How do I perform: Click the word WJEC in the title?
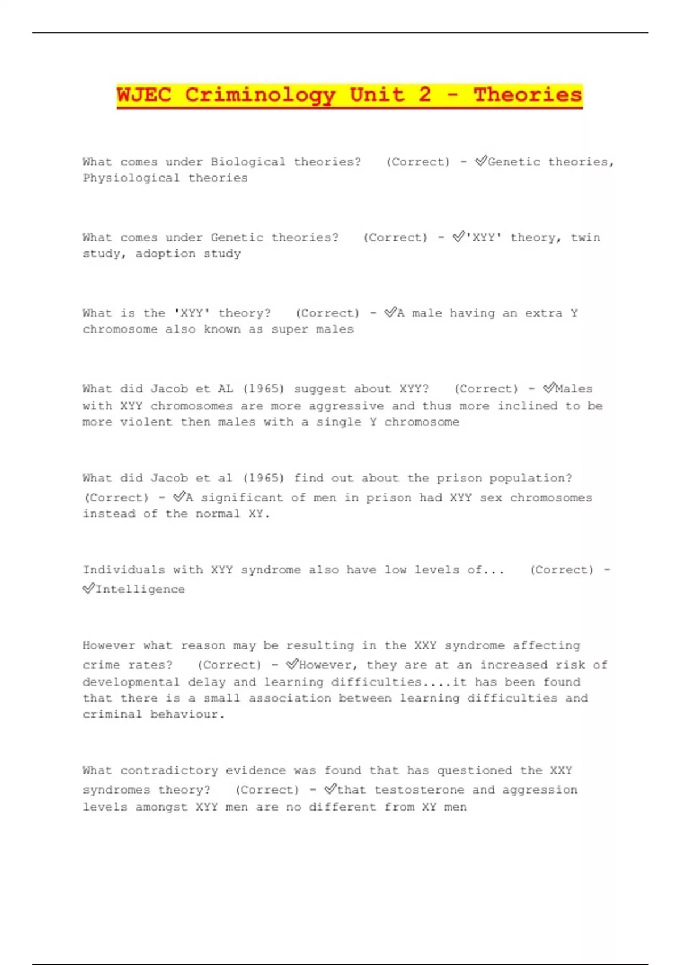(x=144, y=94)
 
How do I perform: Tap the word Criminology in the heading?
(x=260, y=94)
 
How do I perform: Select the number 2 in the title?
(x=424, y=94)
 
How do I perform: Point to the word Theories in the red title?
(x=528, y=94)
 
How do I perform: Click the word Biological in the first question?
(x=248, y=162)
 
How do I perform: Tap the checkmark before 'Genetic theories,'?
(x=481, y=161)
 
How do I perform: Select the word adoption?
(x=165, y=254)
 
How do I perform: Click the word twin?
(x=585, y=237)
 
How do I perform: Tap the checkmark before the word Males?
(x=548, y=388)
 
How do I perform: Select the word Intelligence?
(x=140, y=589)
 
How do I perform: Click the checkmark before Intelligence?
(x=88, y=589)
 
